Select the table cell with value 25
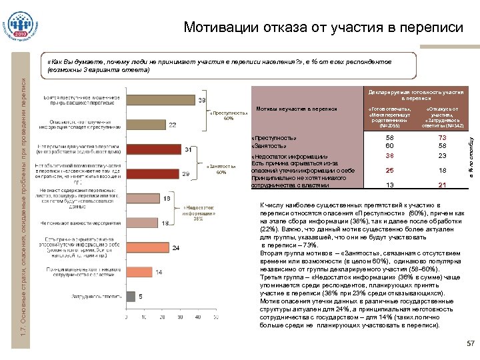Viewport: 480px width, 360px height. (x=389, y=170)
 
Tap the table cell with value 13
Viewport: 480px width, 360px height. (x=389, y=185)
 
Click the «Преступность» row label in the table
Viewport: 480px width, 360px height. (x=273, y=137)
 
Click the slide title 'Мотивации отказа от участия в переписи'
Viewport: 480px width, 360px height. (x=323, y=28)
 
